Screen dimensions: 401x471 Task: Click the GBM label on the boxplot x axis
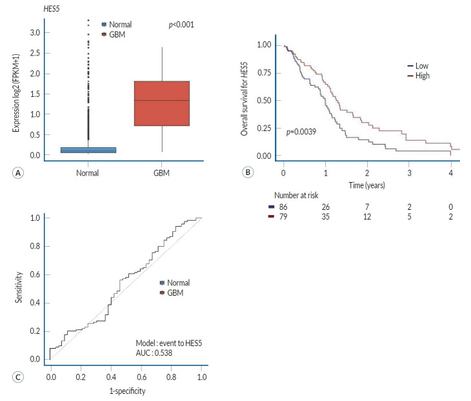(161, 173)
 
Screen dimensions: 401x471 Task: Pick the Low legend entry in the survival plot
(422, 66)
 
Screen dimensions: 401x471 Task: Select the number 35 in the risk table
(326, 217)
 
